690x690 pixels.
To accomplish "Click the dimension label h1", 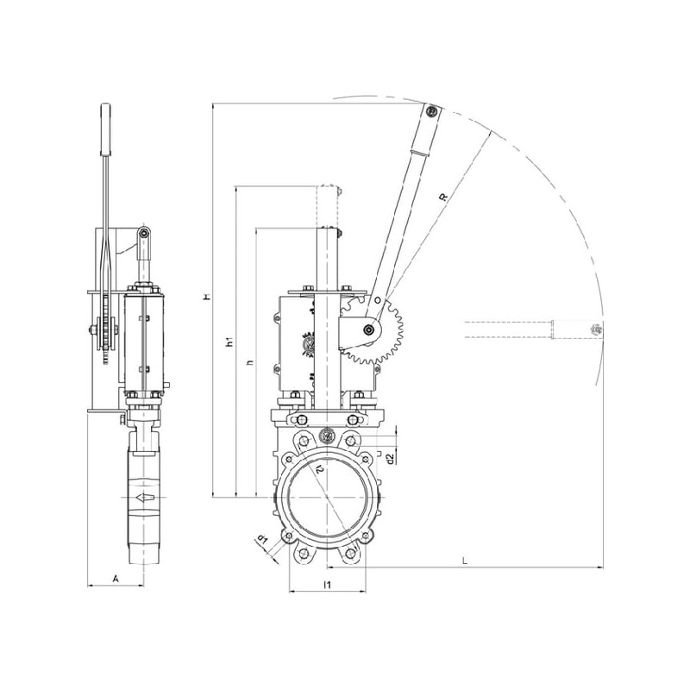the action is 229,342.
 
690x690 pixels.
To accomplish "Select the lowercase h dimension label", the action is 250,362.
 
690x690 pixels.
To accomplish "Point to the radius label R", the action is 444,197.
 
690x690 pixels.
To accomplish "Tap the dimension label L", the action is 465,561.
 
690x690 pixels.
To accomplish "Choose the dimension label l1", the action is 327,585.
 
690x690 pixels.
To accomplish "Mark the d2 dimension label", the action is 390,459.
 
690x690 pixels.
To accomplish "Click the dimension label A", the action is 116,579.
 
